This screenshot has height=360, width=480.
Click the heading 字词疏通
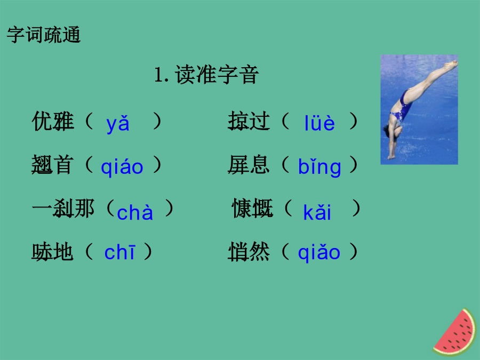click(x=44, y=35)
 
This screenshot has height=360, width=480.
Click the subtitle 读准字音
click(x=217, y=75)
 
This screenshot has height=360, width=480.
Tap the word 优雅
click(x=53, y=121)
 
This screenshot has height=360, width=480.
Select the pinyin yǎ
click(x=118, y=124)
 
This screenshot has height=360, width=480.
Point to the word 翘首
click(x=53, y=165)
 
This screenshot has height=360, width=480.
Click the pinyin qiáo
click(x=122, y=167)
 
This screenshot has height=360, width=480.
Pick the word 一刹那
click(x=63, y=209)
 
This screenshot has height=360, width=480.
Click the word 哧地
click(x=52, y=252)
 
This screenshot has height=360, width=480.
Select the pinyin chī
click(x=119, y=252)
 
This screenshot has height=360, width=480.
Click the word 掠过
click(x=249, y=121)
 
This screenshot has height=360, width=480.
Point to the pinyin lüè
click(x=319, y=123)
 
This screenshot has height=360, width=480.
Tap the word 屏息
click(x=249, y=165)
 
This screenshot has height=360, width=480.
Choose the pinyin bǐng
click(x=319, y=167)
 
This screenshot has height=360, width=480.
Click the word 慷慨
click(x=253, y=209)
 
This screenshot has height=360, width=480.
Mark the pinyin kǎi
click(x=317, y=212)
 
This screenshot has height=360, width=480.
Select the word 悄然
click(x=249, y=252)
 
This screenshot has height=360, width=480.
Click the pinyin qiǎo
click(x=319, y=253)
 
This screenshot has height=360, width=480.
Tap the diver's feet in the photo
click(x=451, y=65)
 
